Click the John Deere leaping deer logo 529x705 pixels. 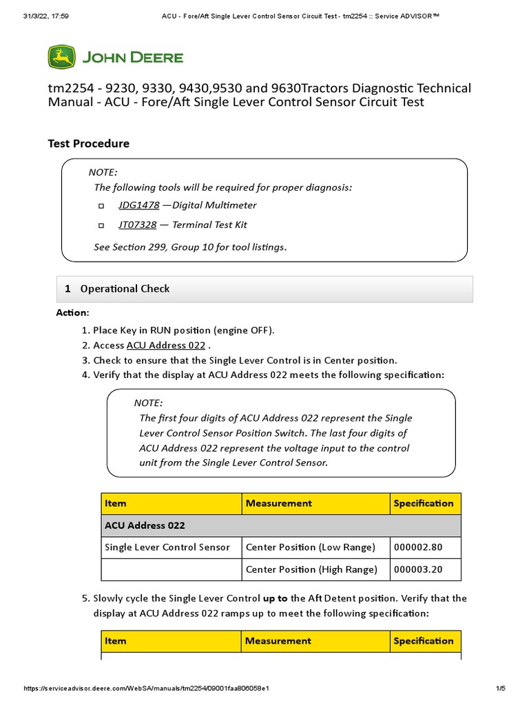61,56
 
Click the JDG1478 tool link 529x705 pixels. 138,205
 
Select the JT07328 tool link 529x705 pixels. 137,224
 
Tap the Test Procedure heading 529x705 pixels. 88,143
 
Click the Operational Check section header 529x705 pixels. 125,289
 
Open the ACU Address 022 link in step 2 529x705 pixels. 165,346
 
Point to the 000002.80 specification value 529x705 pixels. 418,547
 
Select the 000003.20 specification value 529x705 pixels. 418,569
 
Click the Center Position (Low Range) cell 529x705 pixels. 310,547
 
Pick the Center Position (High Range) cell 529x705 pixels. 311,569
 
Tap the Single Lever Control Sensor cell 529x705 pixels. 167,547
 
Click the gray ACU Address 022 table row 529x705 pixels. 281,525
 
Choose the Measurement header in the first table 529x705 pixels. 278,503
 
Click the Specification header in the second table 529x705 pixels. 423,641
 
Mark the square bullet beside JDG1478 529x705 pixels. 101,206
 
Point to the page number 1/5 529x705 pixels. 500,688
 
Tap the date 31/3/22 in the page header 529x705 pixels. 35,16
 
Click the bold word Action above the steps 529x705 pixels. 72,313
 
